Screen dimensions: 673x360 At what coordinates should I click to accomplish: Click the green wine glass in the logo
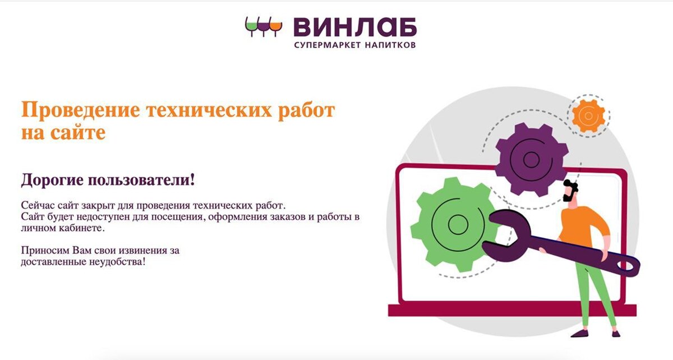[x=251, y=26]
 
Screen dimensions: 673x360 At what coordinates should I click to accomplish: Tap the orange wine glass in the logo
[x=276, y=26]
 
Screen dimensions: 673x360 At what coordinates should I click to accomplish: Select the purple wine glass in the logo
[x=264, y=26]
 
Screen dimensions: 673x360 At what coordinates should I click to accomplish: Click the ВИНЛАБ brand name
[x=355, y=27]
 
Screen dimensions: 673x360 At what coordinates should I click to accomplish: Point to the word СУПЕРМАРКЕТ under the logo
[x=328, y=45]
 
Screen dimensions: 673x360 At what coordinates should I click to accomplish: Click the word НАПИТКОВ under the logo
[x=390, y=45]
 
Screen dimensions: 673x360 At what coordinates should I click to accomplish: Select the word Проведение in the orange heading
[x=81, y=110]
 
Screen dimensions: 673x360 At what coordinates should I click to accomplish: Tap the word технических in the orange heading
[x=209, y=110]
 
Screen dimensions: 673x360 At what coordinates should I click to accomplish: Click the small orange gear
[x=588, y=116]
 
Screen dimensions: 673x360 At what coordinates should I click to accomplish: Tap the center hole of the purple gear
[x=531, y=159]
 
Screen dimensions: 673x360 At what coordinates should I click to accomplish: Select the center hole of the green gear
[x=458, y=224]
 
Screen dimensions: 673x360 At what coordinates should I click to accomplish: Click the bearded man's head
[x=570, y=191]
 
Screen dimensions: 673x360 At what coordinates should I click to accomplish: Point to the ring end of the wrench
[x=628, y=266]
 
